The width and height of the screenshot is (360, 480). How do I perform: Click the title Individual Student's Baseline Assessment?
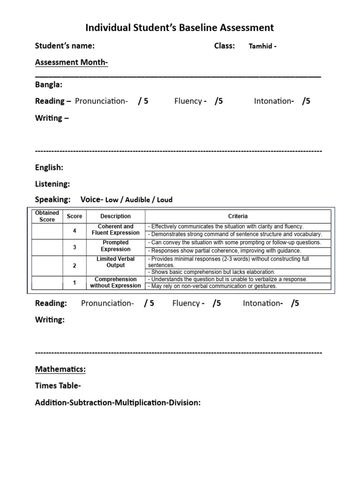180,28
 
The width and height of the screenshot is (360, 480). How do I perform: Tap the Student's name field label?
65,46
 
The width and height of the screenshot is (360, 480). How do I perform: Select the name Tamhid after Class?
261,46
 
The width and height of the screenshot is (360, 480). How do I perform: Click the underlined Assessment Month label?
72,62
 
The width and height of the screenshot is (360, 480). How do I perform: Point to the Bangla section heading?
49,85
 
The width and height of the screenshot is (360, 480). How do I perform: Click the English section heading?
49,167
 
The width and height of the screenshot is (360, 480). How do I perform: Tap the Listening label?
52,184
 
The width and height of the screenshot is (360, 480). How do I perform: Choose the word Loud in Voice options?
165,200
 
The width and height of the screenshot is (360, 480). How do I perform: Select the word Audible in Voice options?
138,200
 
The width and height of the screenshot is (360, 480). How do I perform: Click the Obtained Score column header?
47,216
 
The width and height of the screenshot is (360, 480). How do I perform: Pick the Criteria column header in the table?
238,216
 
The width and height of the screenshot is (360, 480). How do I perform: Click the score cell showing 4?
74,230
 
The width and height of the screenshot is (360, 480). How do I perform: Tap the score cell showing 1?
74,283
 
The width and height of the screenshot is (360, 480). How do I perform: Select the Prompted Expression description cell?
115,246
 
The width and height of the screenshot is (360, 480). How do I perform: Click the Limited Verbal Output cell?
115,262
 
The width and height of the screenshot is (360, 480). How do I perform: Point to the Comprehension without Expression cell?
115,283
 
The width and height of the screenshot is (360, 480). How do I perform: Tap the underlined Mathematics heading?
60,369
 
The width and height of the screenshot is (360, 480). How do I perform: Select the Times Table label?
58,386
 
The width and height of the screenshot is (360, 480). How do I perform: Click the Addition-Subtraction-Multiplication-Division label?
118,402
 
